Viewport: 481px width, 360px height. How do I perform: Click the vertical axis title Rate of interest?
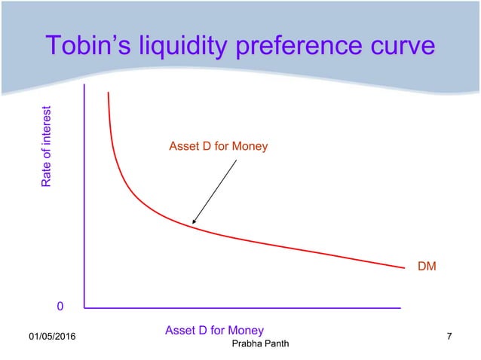click(47, 147)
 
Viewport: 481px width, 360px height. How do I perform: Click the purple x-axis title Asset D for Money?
click(214, 330)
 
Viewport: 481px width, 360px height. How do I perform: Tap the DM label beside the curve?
click(427, 266)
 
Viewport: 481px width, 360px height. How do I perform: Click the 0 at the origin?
click(60, 307)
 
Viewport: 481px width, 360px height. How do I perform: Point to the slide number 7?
click(449, 335)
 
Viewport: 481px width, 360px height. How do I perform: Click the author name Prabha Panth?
click(259, 344)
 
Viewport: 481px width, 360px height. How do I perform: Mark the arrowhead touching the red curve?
click(193, 224)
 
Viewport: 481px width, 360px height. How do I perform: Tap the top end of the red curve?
click(108, 93)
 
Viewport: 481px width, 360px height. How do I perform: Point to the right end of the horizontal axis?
click(400, 307)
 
